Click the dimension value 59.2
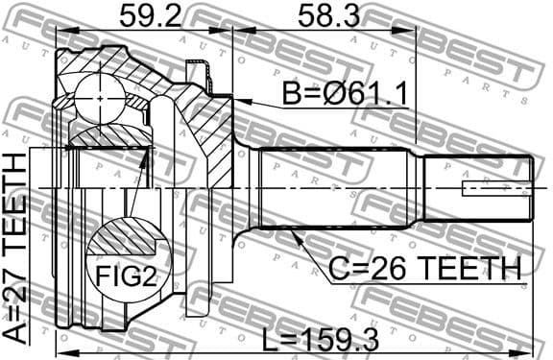[x=152, y=15]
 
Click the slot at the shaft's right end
[x=495, y=188]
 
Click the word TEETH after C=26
[x=469, y=268]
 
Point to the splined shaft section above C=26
[x=336, y=187]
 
